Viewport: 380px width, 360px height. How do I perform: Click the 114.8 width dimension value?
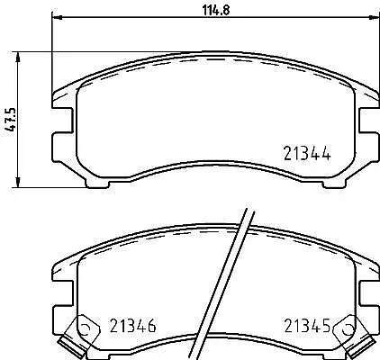coord(216,11)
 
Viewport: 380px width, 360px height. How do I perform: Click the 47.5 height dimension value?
coord(11,120)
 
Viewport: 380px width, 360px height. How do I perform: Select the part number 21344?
coord(307,153)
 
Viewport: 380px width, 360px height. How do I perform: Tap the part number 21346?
coord(132,326)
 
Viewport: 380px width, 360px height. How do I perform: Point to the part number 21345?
coord(307,326)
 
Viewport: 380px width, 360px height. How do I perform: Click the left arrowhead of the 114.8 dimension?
coord(58,18)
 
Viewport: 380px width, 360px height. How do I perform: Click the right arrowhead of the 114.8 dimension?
coord(374,18)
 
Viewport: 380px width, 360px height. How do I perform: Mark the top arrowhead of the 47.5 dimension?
coord(18,57)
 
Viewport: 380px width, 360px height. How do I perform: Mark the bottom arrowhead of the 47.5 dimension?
coord(18,183)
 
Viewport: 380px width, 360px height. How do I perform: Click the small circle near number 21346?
coord(86,329)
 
